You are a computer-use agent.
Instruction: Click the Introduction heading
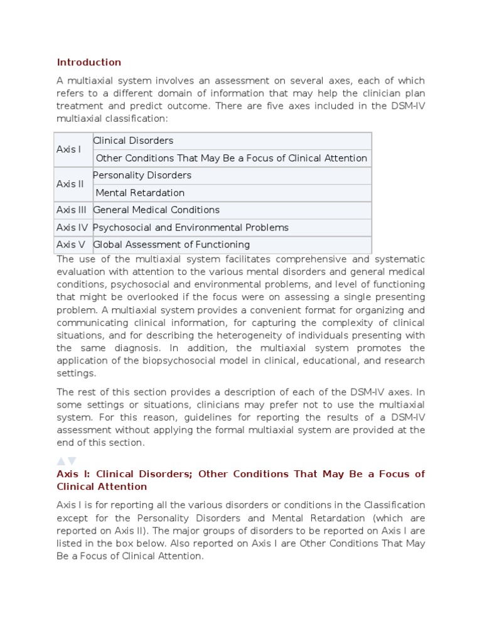tap(88, 62)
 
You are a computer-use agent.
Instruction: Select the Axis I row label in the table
tap(68, 149)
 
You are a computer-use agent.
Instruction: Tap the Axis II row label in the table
tap(70, 184)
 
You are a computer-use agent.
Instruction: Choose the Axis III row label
tap(71, 210)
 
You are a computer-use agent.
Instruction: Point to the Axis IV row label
tap(72, 227)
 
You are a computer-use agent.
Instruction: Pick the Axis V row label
tap(70, 244)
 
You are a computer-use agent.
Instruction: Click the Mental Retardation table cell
tap(140, 193)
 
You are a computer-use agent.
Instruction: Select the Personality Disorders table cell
tap(142, 175)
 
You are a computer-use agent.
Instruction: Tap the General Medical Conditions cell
tap(156, 210)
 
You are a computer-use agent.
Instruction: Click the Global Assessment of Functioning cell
tap(171, 244)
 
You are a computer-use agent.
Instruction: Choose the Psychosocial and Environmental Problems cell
tap(191, 227)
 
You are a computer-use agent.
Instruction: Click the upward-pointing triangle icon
tap(61, 462)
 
